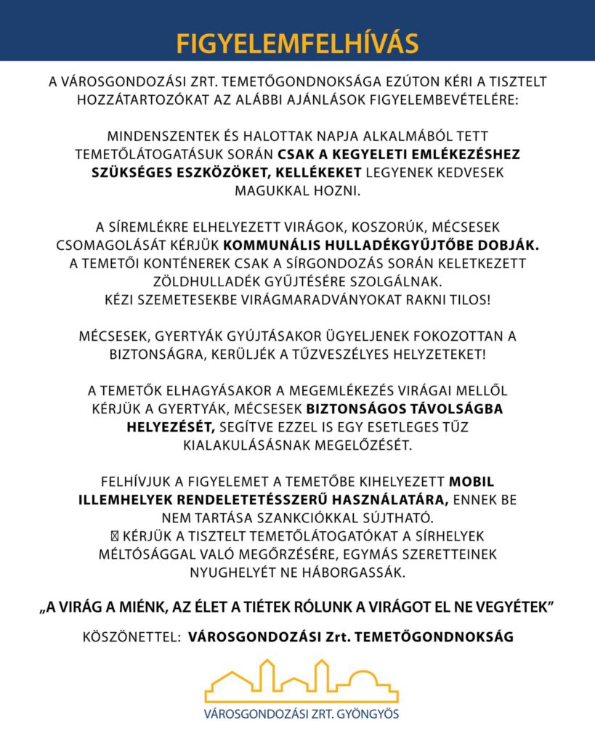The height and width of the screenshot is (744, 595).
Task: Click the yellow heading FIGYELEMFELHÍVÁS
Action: tap(297, 43)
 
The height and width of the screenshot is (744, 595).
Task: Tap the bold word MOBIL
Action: tap(472, 482)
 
